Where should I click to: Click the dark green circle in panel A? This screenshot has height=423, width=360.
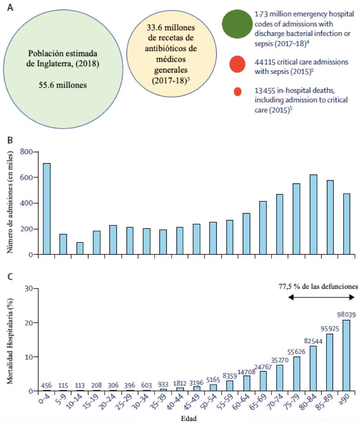point(237,24)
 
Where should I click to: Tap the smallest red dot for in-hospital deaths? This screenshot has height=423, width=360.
point(238,92)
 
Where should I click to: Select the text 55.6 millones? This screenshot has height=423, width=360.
point(63,85)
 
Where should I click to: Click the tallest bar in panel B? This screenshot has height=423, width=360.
point(47,209)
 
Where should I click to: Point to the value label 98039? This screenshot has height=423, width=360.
point(346,315)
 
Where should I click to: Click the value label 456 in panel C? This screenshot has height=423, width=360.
point(46,386)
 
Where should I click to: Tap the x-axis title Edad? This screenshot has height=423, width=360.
point(189,419)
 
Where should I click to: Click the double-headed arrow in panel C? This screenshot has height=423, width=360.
point(321,297)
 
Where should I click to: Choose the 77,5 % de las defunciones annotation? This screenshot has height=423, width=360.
point(318,286)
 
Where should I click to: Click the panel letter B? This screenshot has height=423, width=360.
point(10,140)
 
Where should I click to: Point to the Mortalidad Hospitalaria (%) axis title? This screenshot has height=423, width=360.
point(10,341)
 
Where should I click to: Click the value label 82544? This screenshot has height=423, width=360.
point(313,341)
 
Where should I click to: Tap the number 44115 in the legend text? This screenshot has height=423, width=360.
point(265,62)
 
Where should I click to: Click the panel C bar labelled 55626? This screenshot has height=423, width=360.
point(296,374)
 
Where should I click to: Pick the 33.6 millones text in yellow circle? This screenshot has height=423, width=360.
point(171,28)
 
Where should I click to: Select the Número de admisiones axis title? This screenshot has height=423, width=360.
point(10,202)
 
